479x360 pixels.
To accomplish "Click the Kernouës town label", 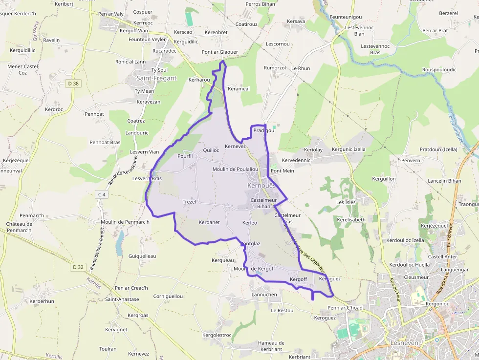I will pos(261,186).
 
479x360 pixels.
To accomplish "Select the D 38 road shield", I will pos(73,84).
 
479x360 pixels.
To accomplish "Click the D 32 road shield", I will pos(78,267).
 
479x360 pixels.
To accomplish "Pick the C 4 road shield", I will pos(102,194).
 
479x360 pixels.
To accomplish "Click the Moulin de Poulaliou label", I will pos(235,169).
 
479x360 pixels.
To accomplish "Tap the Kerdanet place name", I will pos(209,222).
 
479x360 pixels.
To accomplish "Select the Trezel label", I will pos(189,202).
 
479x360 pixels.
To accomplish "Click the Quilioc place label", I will pos(211,150).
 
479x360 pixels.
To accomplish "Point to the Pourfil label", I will pos(185,156).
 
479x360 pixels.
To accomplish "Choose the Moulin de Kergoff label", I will pos(254,269).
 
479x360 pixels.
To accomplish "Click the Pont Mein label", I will pos(283,171).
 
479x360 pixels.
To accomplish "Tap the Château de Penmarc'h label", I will pos(19,227).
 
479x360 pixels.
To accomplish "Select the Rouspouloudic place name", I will pos(439,70).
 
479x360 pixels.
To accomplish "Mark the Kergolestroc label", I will pos(217,335).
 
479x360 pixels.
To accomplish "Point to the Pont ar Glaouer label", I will pos(220,52).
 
